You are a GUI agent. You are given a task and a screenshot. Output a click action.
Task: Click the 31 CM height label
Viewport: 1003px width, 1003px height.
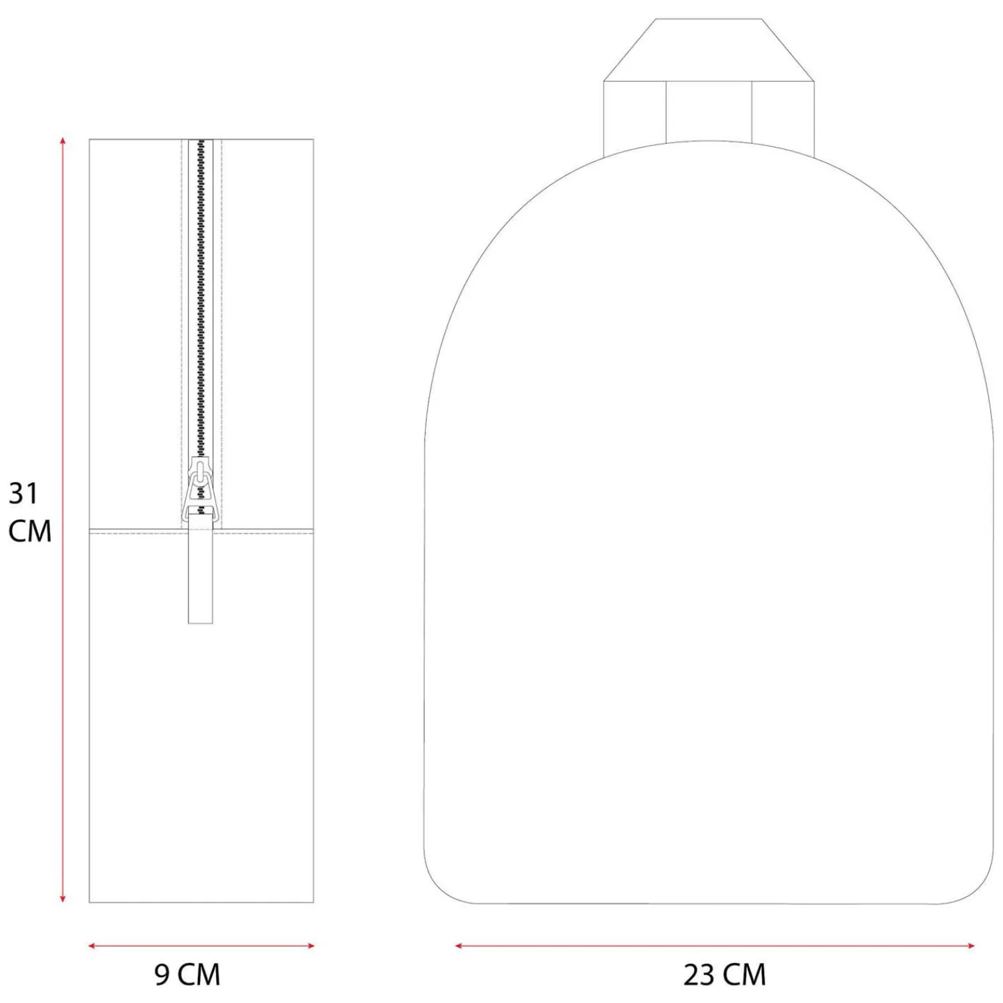tap(29, 512)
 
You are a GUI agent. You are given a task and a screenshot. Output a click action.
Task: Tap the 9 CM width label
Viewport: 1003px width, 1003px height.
tap(187, 975)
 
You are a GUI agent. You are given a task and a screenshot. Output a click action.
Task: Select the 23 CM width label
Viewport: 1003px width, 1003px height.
tap(725, 975)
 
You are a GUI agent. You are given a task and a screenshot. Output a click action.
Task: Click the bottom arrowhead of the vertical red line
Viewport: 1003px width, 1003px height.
tap(63, 899)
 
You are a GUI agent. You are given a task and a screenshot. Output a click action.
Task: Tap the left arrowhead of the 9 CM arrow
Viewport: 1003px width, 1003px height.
tap(92, 945)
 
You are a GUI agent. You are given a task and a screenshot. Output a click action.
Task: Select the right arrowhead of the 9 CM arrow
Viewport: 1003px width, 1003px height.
tap(310, 945)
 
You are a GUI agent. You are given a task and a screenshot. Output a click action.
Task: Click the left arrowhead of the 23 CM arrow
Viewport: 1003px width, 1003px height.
tap(459, 945)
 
